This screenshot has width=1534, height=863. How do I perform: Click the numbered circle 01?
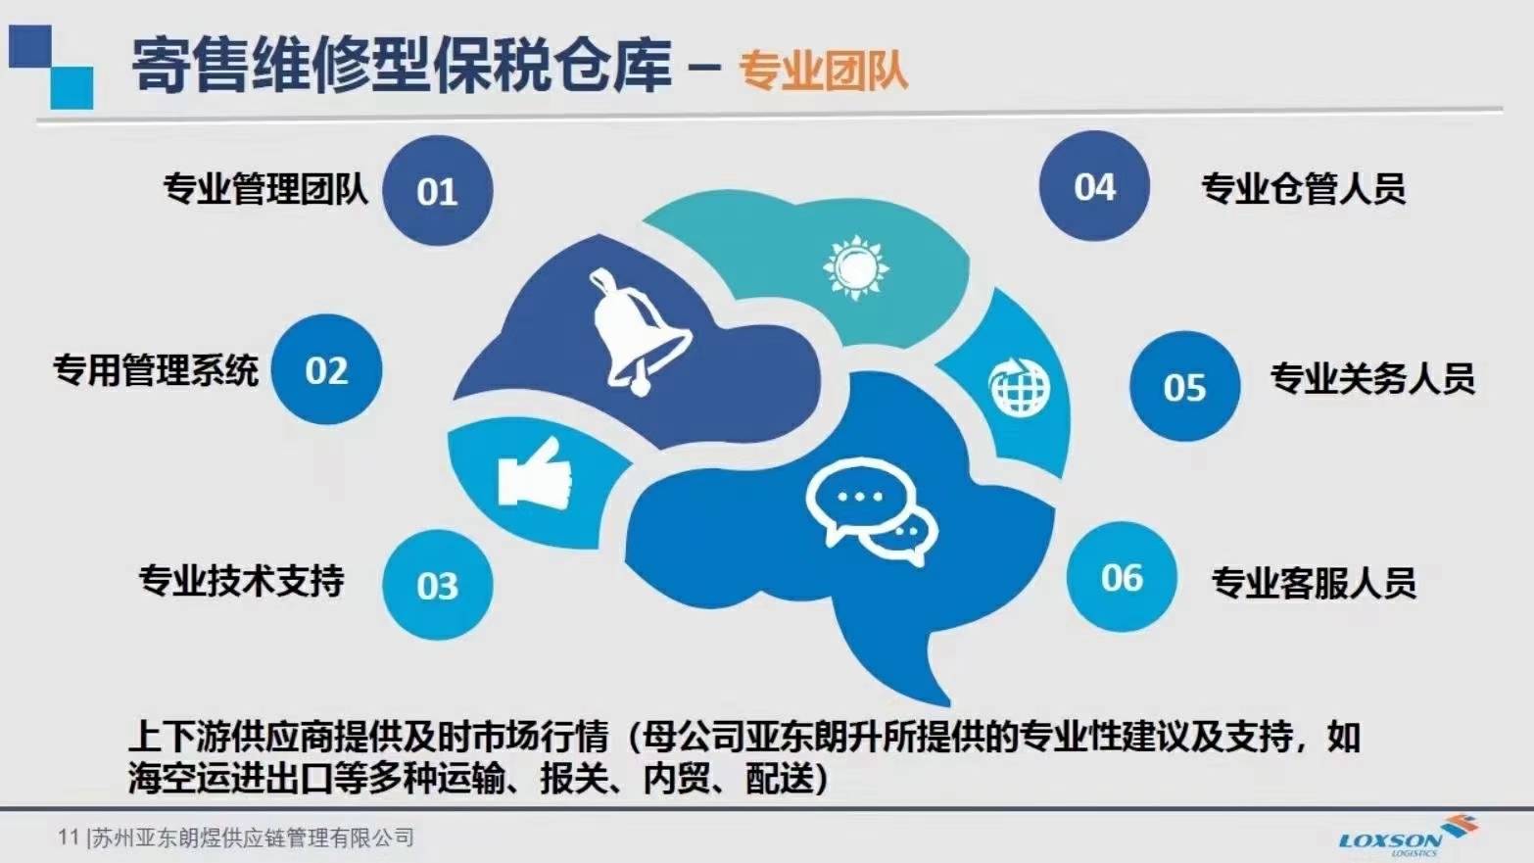[x=438, y=190]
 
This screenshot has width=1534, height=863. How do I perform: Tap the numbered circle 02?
[x=326, y=370]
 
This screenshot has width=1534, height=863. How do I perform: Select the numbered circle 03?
[x=438, y=585]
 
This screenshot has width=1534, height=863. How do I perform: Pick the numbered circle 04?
[x=1094, y=185]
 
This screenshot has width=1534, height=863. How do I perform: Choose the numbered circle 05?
[x=1184, y=387]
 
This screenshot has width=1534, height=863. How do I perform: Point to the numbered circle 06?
[x=1122, y=577]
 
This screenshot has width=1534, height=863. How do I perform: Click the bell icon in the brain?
[x=639, y=331]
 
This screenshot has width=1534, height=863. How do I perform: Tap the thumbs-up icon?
[x=535, y=474]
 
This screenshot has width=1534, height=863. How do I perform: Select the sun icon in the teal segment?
[x=855, y=267]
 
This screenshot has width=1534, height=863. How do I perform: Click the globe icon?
[x=1019, y=386]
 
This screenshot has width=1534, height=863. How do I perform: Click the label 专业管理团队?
[x=265, y=189]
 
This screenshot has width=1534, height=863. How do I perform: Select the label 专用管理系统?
[x=156, y=371]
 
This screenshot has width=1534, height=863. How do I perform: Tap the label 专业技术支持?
[x=241, y=581]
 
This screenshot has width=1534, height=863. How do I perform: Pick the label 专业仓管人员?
[x=1304, y=188]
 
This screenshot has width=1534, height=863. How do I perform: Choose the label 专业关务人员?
[x=1372, y=377]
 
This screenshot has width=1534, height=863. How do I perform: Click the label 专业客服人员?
[x=1314, y=582]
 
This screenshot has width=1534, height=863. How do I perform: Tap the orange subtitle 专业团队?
[x=823, y=71]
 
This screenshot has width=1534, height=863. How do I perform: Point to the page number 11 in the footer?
[x=69, y=837]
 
